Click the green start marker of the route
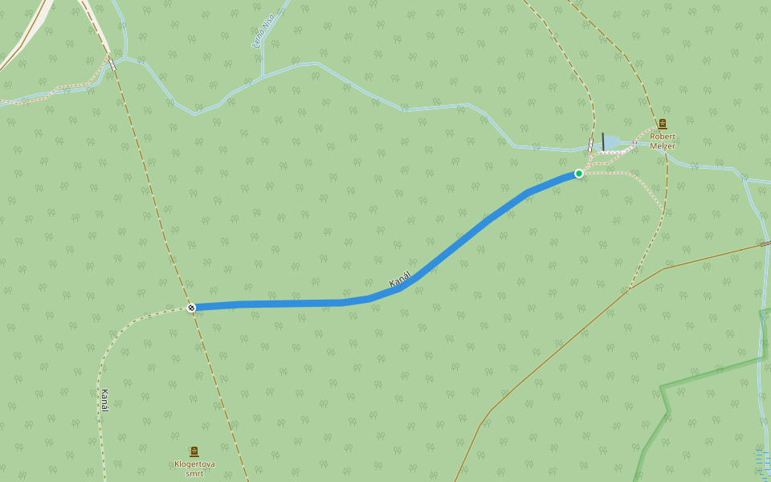click(x=578, y=174)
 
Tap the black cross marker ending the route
click(x=191, y=308)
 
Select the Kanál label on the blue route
click(x=400, y=280)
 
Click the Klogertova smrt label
click(x=194, y=468)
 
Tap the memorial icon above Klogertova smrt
click(x=194, y=451)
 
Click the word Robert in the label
click(x=663, y=137)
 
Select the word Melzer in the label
click(x=663, y=145)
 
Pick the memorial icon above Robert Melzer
click(x=662, y=124)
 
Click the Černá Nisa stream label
click(x=263, y=34)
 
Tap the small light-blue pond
click(x=611, y=142)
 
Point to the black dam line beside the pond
click(x=602, y=141)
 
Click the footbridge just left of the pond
click(x=591, y=145)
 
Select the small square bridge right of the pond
click(x=634, y=144)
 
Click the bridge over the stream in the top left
click(x=112, y=63)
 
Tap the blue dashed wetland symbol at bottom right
click(x=762, y=462)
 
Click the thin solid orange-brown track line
click(x=562, y=345)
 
